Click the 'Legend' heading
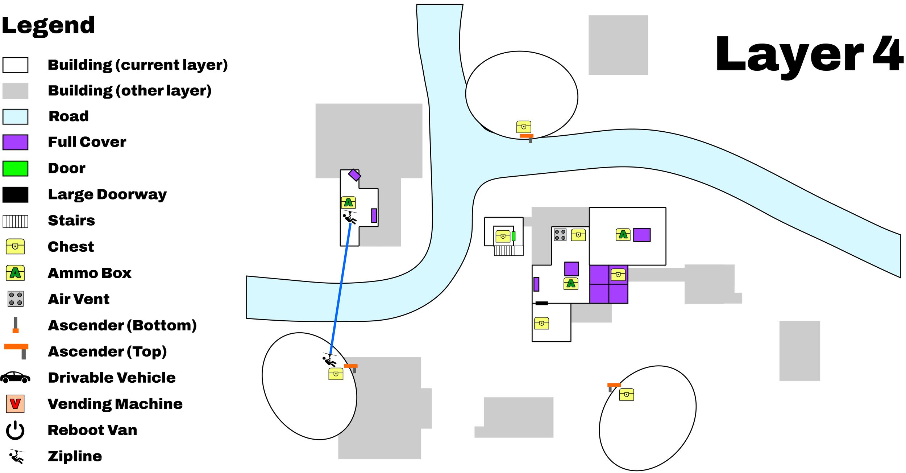pos(48,26)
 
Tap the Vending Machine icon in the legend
pos(15,404)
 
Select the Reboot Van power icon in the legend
pos(15,430)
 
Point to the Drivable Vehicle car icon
pos(15,378)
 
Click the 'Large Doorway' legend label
pos(107,194)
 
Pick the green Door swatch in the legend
pos(15,169)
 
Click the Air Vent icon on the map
pos(560,235)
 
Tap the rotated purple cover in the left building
pos(354,175)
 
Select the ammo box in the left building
pos(348,202)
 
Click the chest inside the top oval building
pos(524,127)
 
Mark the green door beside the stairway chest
pos(514,236)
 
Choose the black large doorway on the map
pos(541,303)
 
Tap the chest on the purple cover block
pos(618,275)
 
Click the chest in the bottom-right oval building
pos(627,394)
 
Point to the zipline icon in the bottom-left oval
pos(329,359)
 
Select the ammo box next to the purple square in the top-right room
pos(623,235)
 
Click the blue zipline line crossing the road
pos(341,289)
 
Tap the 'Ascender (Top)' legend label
pos(107,351)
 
